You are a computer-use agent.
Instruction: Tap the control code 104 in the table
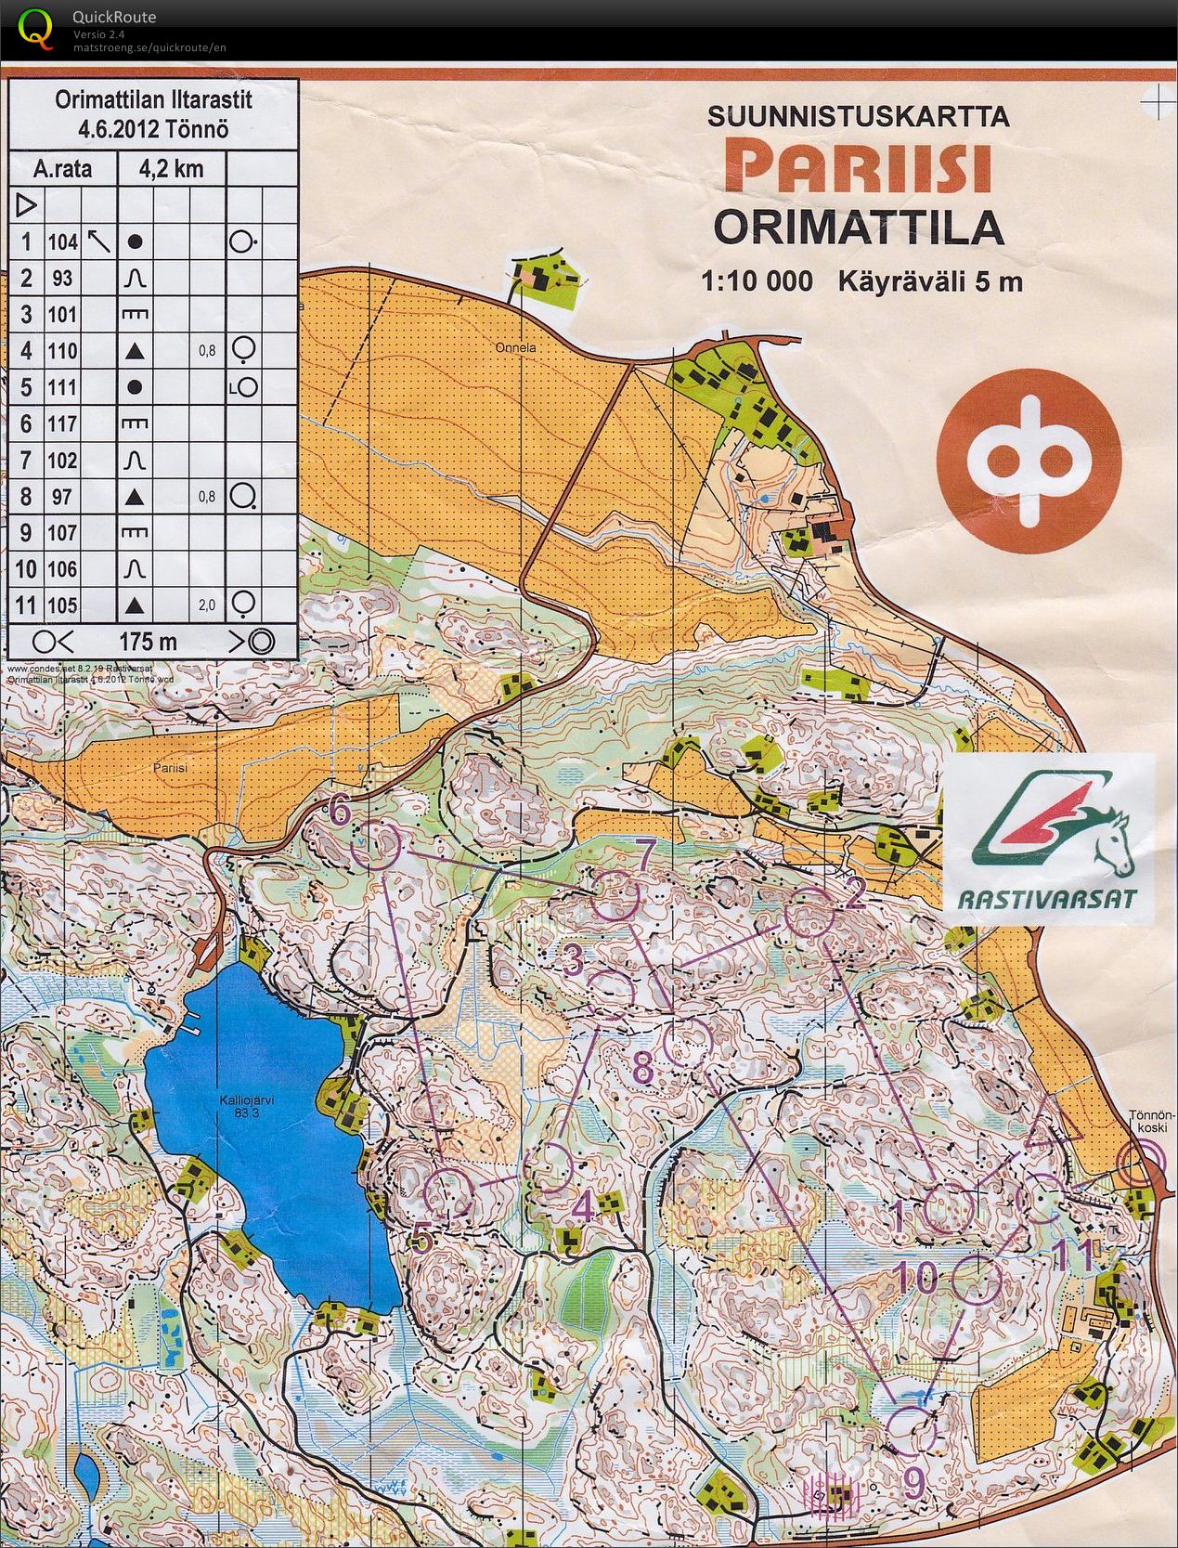tap(63, 242)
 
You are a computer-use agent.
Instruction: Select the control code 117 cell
tap(63, 424)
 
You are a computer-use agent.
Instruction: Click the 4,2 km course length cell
tap(170, 169)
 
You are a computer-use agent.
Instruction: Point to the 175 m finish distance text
tap(148, 642)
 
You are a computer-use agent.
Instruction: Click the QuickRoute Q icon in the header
tap(35, 28)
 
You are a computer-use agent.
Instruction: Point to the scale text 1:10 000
tap(757, 280)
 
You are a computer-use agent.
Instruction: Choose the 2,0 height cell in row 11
tap(206, 605)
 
